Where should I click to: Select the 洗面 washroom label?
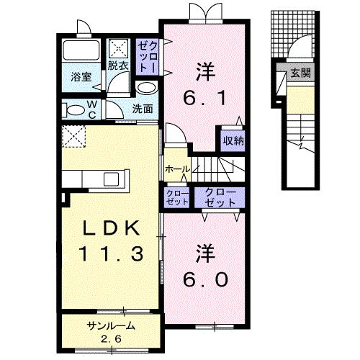pyautogui.click(x=143, y=109)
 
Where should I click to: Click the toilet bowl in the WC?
pyautogui.click(x=73, y=110)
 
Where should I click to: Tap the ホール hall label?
pyautogui.click(x=177, y=168)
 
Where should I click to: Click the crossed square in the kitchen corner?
pyautogui.click(x=73, y=135)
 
